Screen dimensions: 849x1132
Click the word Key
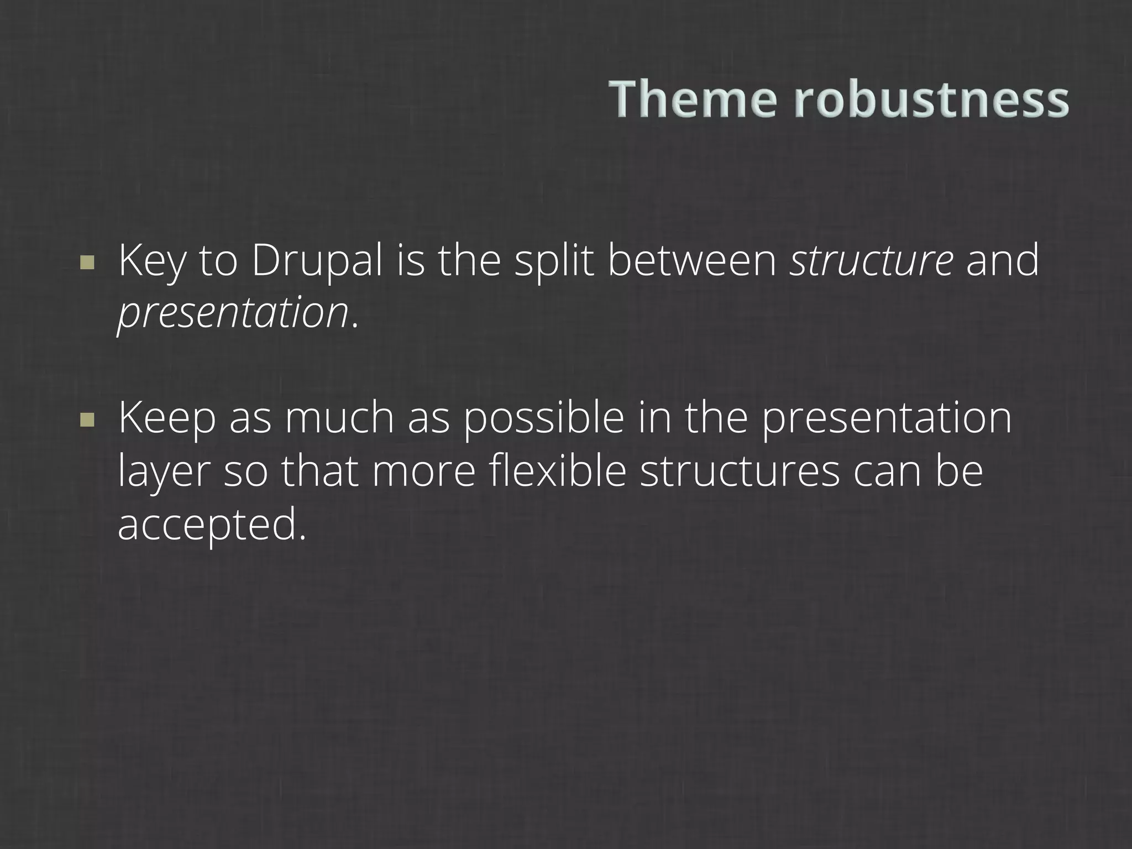click(151, 262)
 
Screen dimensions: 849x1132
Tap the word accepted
click(211, 525)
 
